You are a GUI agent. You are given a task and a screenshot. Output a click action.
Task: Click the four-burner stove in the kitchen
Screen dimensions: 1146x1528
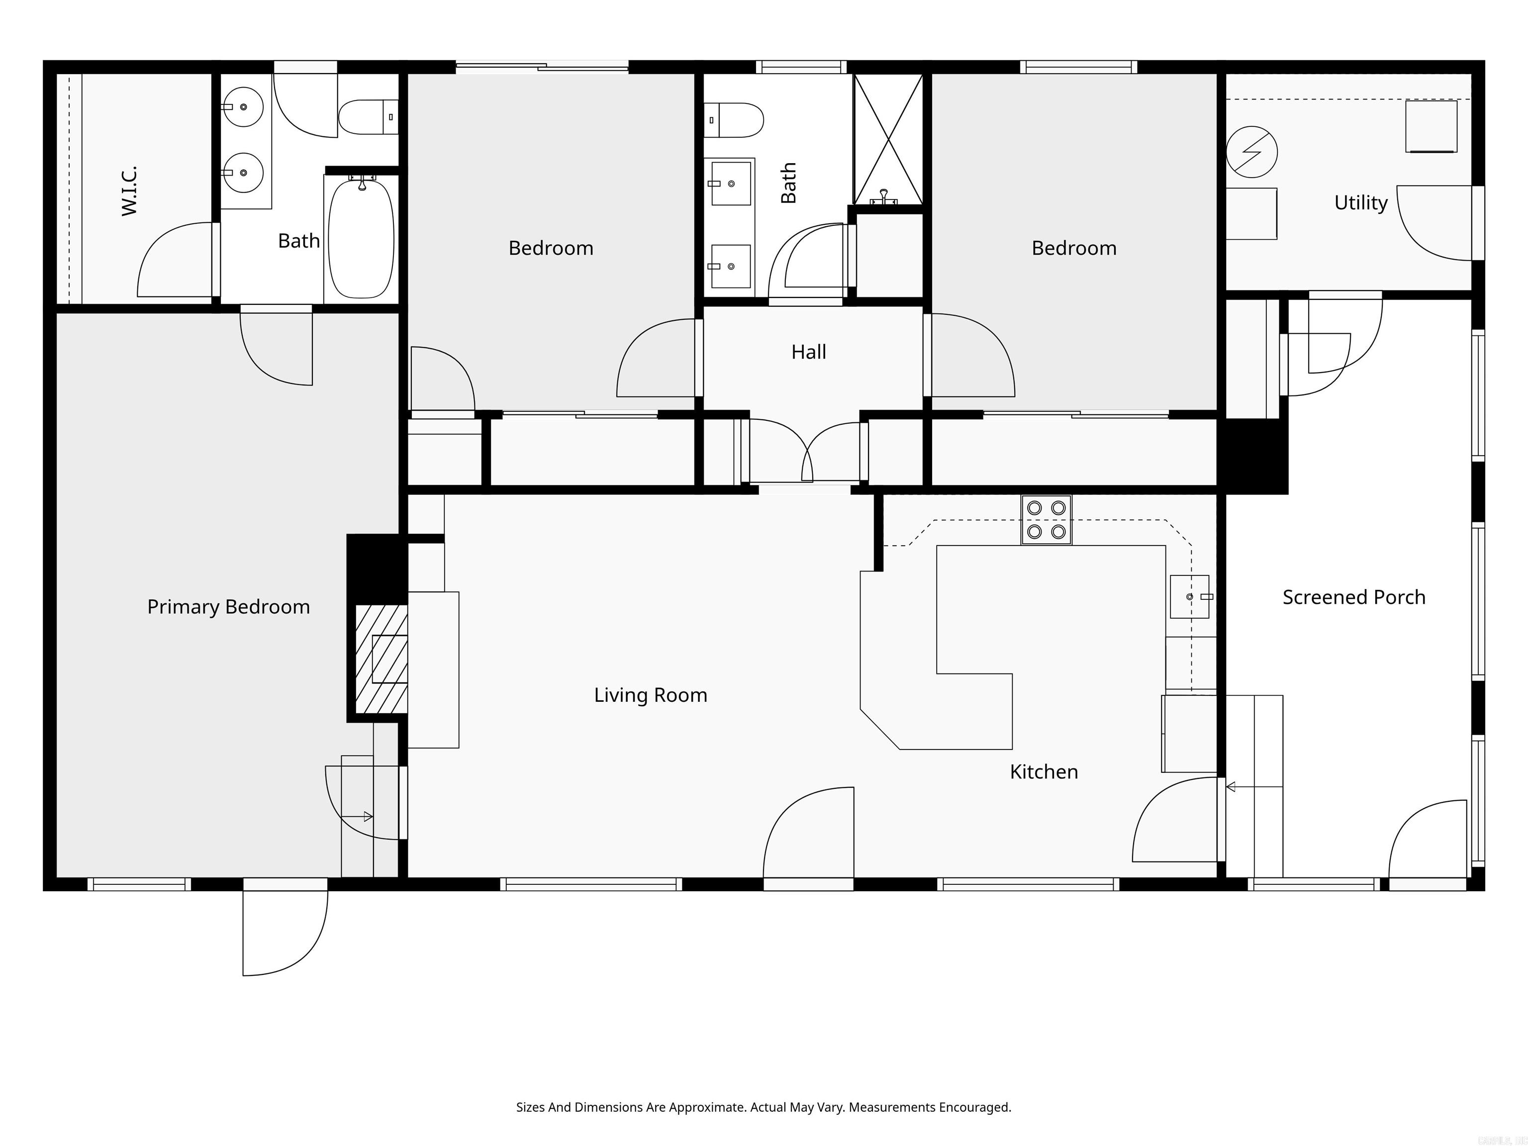[x=1046, y=519]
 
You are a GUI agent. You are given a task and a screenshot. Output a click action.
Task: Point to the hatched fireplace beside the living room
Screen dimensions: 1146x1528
[x=381, y=659]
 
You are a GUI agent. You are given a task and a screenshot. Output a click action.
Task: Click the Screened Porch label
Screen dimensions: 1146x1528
[x=1353, y=597]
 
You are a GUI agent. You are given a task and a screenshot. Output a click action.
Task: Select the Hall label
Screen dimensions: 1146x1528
[x=808, y=352]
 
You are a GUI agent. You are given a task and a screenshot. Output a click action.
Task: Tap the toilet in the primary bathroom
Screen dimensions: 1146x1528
[x=368, y=117]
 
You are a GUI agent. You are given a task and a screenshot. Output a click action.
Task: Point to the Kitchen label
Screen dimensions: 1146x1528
[x=1043, y=771]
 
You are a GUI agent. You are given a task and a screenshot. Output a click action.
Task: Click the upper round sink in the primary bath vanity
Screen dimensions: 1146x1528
[x=243, y=107]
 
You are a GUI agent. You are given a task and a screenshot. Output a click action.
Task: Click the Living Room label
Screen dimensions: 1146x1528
[x=650, y=695]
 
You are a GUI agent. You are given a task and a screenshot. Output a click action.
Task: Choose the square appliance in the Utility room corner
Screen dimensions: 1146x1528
[x=1431, y=126]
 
